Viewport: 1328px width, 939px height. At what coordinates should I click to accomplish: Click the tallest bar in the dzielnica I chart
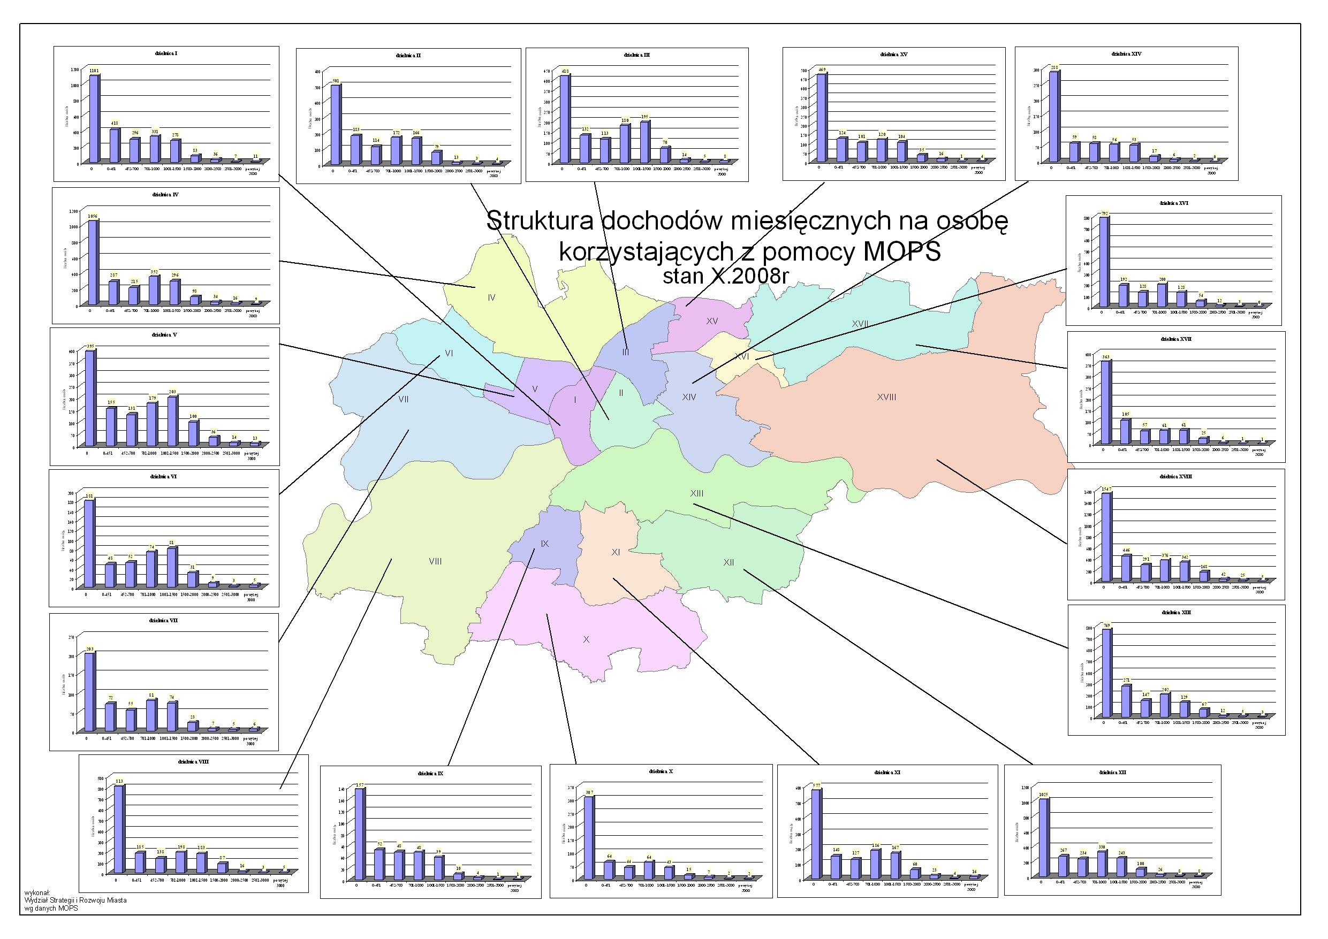pyautogui.click(x=94, y=119)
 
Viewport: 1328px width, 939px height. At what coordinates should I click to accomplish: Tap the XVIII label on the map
pyautogui.click(x=886, y=397)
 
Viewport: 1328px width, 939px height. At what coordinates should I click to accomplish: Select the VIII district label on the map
pyautogui.click(x=435, y=561)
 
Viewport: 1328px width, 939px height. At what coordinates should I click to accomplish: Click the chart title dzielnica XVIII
pyautogui.click(x=1175, y=476)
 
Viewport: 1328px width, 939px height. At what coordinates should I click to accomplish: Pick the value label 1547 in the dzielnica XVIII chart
pyautogui.click(x=1106, y=489)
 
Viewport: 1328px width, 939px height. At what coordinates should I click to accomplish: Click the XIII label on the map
pyautogui.click(x=696, y=493)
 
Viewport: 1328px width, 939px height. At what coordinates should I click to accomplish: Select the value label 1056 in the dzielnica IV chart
pyautogui.click(x=93, y=216)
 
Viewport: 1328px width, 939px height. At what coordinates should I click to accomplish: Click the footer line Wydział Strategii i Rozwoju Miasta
pyautogui.click(x=75, y=900)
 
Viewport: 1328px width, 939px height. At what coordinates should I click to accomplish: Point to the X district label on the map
pyautogui.click(x=586, y=639)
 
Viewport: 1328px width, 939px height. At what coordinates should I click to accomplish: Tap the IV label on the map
pyautogui.click(x=491, y=298)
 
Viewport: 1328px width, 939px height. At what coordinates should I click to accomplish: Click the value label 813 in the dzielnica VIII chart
pyautogui.click(x=119, y=781)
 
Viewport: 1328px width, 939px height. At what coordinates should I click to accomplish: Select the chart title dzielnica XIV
pyautogui.click(x=1126, y=54)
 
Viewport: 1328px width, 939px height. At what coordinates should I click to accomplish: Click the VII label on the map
pyautogui.click(x=403, y=400)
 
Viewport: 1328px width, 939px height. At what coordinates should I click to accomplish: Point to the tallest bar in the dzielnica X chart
pyautogui.click(x=588, y=838)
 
